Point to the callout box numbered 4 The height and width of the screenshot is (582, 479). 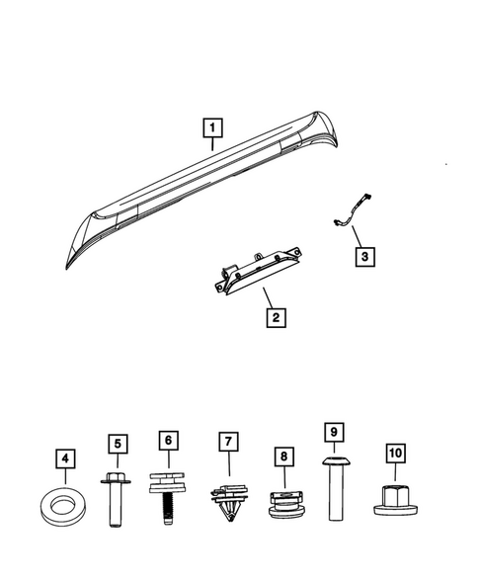point(66,458)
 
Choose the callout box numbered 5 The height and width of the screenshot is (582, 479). point(118,445)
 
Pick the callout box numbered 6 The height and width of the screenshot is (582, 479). point(168,440)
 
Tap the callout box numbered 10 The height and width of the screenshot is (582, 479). point(395,454)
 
